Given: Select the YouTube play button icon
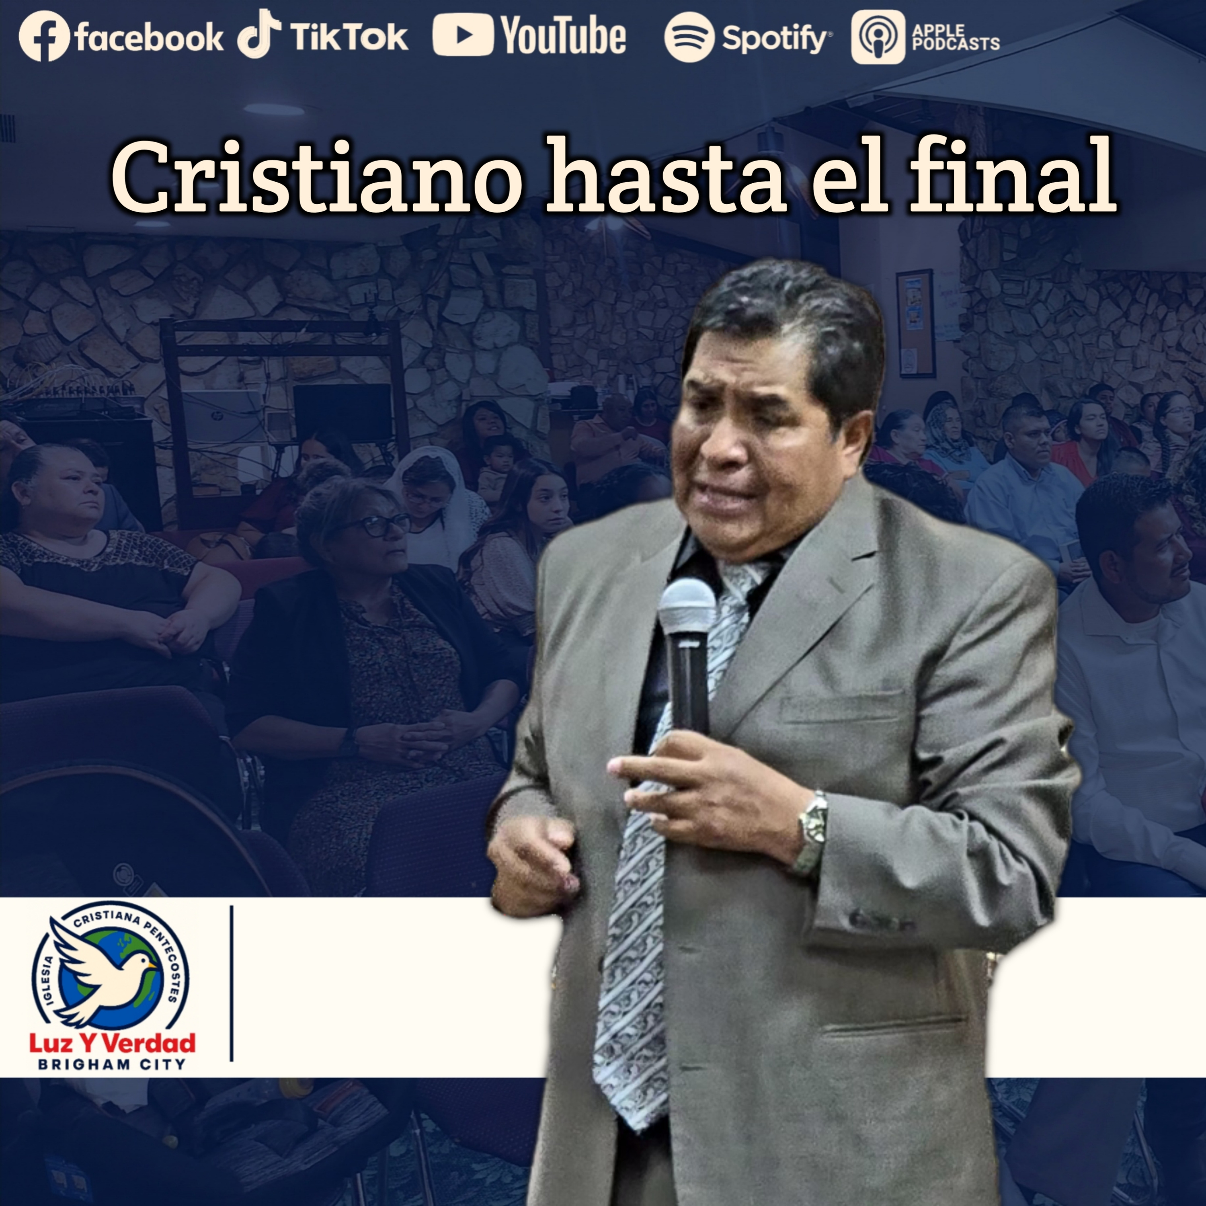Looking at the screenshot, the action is (463, 35).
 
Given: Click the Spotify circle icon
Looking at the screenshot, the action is (689, 37).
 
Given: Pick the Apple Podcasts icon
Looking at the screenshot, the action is (878, 37).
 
